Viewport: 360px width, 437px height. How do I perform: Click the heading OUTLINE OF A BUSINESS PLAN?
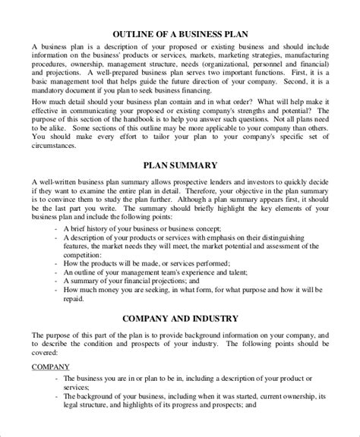coord(179,34)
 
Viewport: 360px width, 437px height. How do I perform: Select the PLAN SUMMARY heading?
coord(179,185)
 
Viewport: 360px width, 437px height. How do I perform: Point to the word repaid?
coord(75,321)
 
